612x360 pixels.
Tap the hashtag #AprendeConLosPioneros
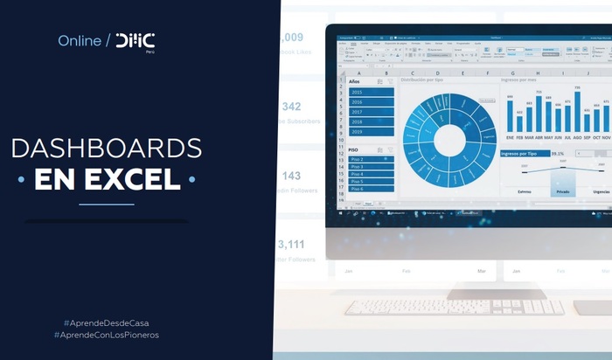point(107,335)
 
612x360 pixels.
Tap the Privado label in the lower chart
point(563,190)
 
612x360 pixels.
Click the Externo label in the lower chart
point(525,190)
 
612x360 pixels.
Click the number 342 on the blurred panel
point(291,107)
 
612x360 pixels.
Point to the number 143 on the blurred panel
point(291,176)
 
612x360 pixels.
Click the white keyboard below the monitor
point(455,307)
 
